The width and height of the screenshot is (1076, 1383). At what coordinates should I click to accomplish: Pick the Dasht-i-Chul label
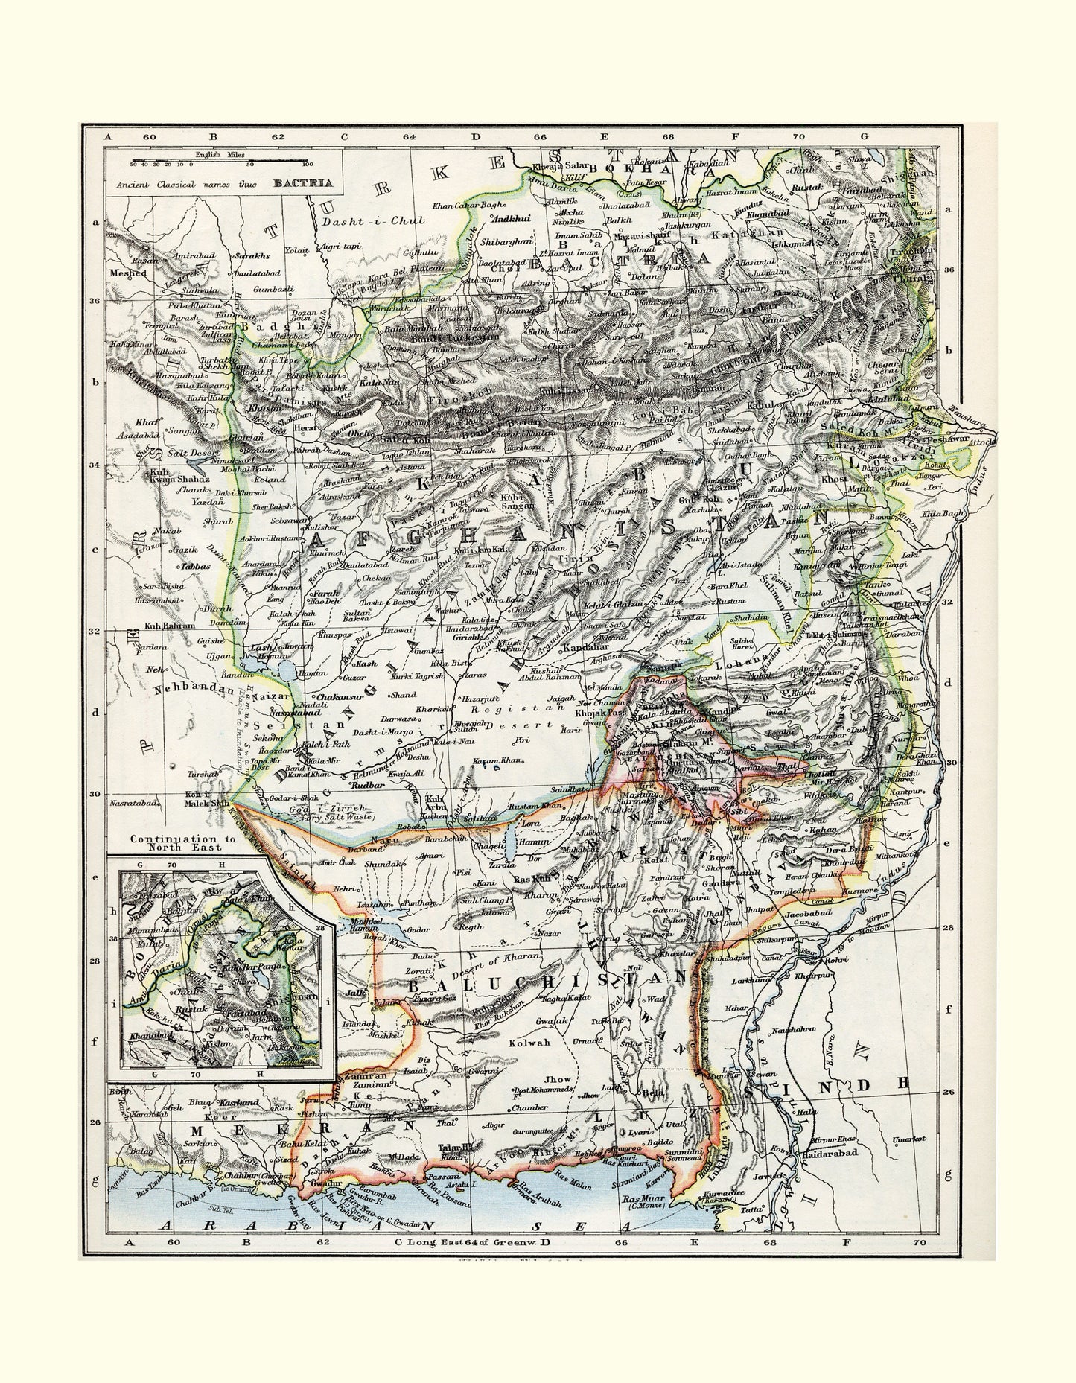click(374, 221)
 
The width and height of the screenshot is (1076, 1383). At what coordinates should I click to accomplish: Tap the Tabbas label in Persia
click(194, 566)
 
